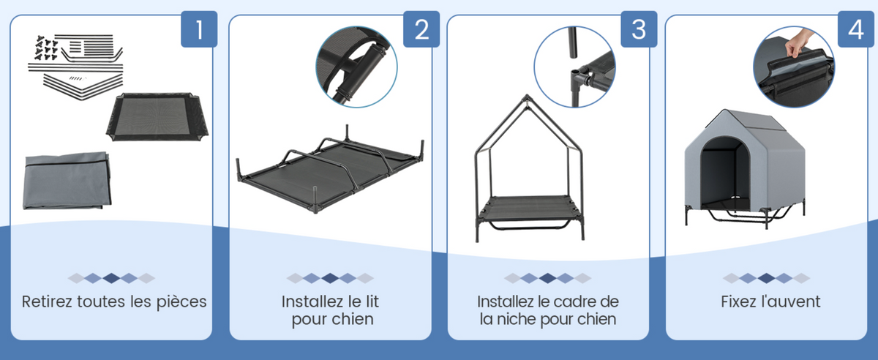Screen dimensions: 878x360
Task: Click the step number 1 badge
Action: [199, 29]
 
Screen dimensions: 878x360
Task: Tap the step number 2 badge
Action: [421, 29]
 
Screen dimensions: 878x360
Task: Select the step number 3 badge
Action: [639, 29]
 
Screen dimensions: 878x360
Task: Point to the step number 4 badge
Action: [856, 29]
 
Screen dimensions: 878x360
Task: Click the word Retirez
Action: [47, 301]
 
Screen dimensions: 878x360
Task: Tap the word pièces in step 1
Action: [181, 302]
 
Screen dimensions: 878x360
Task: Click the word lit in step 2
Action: [372, 301]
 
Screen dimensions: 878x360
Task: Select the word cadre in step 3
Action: [572, 301]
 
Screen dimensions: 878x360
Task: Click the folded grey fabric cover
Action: [67, 181]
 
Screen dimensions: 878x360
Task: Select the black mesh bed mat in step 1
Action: [157, 116]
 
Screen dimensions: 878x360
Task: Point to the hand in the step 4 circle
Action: [798, 42]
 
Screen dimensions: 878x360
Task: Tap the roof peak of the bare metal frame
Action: [528, 97]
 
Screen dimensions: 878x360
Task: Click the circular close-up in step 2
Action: [356, 67]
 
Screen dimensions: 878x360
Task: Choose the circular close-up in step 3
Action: [574, 67]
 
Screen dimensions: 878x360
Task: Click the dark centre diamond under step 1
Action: [111, 279]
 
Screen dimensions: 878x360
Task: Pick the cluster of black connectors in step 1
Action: [46, 48]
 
